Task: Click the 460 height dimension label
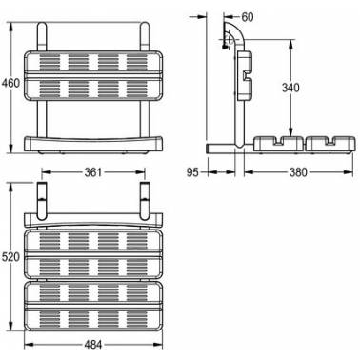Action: tap(10, 83)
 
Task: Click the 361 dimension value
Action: tap(93, 172)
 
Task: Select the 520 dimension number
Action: tap(10, 257)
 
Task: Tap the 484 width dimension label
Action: tap(93, 345)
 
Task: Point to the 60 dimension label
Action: tap(248, 17)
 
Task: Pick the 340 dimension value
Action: tap(290, 88)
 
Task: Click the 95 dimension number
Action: tap(192, 172)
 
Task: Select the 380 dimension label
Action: tap(298, 172)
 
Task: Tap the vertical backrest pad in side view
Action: tap(244, 75)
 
